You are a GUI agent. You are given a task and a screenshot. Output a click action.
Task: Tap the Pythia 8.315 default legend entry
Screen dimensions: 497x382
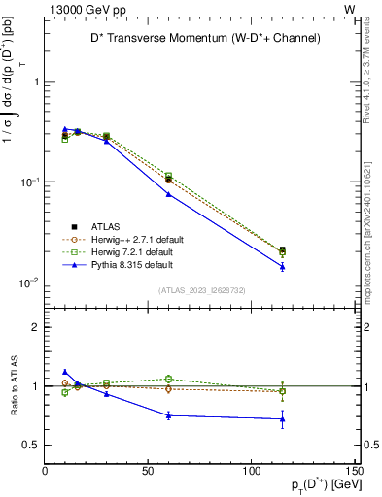click(132, 263)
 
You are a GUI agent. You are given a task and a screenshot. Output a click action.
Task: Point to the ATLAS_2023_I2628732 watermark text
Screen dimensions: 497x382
click(201, 289)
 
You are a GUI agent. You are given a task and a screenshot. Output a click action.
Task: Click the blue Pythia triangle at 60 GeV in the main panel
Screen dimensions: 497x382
click(168, 194)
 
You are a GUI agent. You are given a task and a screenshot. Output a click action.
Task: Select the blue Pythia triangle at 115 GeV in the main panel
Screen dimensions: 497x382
click(282, 266)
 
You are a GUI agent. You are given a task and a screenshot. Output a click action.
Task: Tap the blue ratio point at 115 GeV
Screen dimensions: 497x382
click(282, 419)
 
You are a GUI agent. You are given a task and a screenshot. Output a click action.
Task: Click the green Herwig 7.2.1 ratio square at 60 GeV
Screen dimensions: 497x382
click(168, 379)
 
